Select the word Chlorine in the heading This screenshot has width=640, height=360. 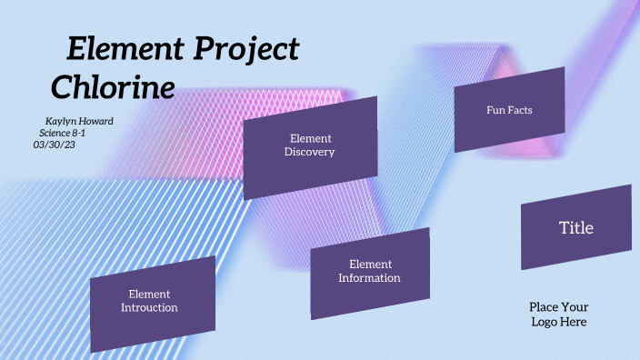[113, 88]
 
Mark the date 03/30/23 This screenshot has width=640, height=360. [54, 144]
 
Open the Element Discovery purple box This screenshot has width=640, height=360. [310, 147]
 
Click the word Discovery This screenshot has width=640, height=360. [310, 153]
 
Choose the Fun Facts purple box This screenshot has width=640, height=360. [509, 109]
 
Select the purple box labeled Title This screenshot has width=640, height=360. [575, 227]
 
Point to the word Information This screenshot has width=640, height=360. [369, 278]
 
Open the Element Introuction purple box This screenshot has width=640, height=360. [152, 303]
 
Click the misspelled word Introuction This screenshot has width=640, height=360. [149, 308]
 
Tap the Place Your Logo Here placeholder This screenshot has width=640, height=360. [559, 315]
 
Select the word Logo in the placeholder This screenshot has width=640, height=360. [545, 322]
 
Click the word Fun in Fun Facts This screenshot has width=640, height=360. [495, 110]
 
